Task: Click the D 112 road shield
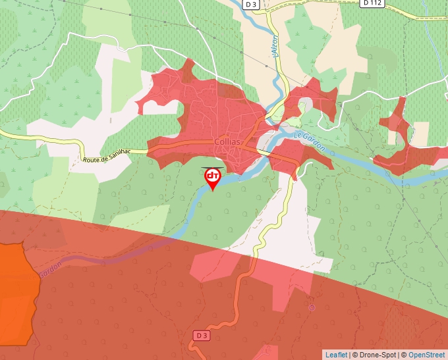[x=372, y=3]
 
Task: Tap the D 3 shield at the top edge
[x=250, y=4]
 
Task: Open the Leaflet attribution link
[x=336, y=355]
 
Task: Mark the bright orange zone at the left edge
[x=14, y=296]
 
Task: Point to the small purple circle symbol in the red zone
[x=312, y=307]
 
